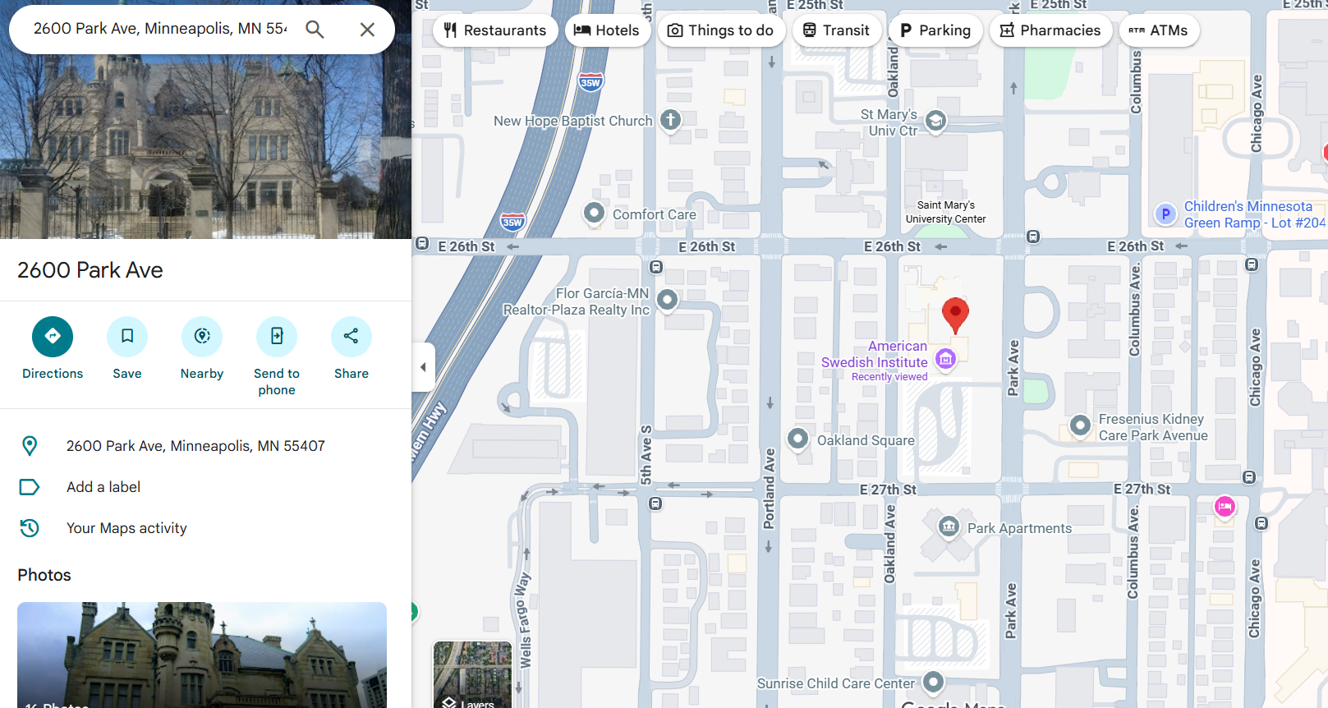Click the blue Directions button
pos(53,337)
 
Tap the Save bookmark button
pos(127,337)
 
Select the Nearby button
pos(202,337)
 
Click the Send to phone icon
pos(277,337)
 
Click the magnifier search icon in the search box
pos(315,30)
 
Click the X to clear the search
pos(367,30)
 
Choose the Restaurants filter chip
pos(495,30)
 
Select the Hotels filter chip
pos(607,30)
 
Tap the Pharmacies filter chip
pos(1050,30)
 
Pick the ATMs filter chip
pos(1158,30)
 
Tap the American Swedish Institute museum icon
pos(945,359)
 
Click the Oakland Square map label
pos(865,440)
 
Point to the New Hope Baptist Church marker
pos(670,120)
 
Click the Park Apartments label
pos(1018,528)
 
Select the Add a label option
pos(103,487)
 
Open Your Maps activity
pos(126,528)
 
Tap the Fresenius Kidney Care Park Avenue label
pos(1152,427)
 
